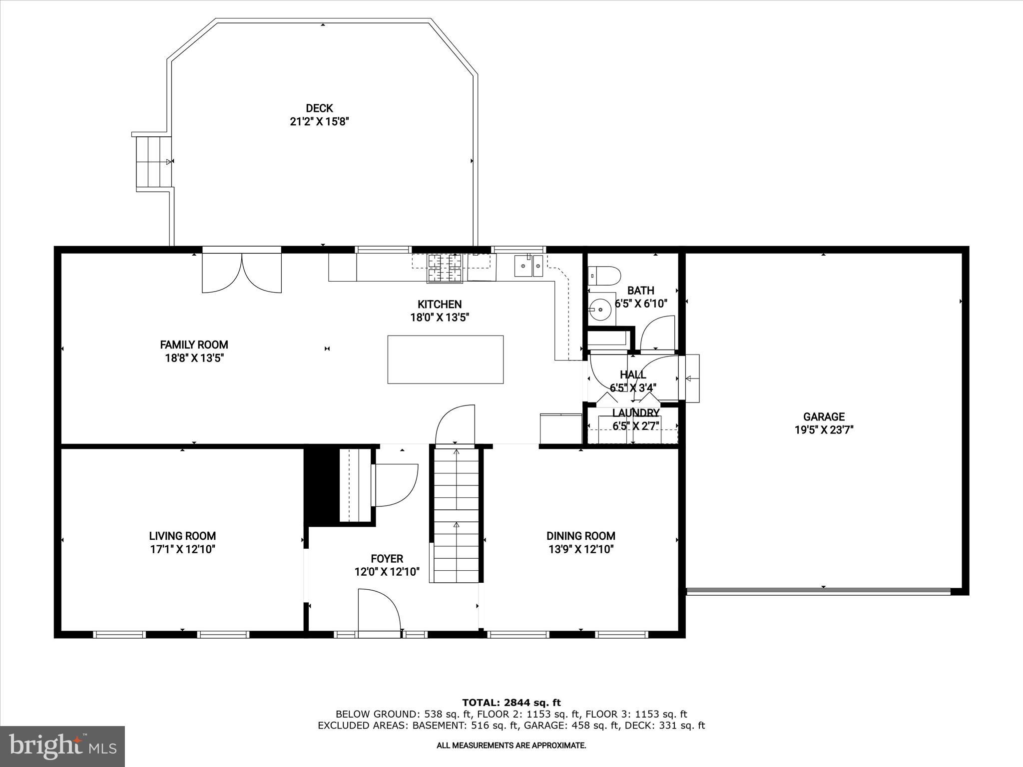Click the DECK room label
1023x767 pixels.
319,108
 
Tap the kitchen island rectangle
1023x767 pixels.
445,360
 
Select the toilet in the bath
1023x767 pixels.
605,275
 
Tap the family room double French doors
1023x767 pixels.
242,272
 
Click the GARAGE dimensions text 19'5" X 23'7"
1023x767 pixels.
824,430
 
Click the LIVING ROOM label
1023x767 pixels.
182,536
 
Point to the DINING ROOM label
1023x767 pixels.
580,536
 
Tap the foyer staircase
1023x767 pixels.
456,514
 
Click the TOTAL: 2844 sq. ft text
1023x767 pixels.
511,703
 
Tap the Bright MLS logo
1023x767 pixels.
62,746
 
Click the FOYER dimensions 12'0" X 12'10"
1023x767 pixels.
387,572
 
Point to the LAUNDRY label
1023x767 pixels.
635,413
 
